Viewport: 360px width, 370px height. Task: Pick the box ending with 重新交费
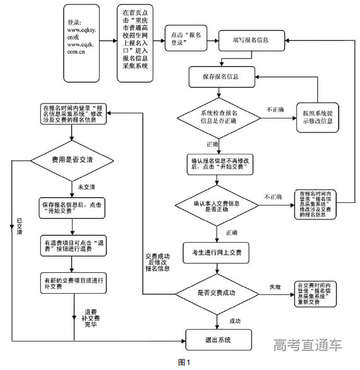coord(322,293)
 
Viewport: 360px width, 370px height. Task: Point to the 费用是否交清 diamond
coord(74,161)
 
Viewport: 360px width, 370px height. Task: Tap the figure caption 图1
coord(183,362)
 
